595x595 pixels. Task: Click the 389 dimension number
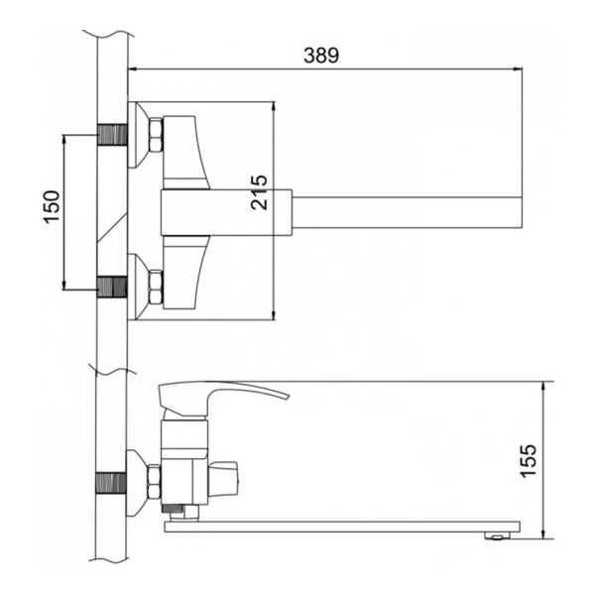click(x=321, y=56)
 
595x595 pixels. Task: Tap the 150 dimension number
click(x=52, y=207)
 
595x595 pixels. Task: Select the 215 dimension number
click(x=259, y=192)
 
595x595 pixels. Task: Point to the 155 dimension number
click(x=529, y=461)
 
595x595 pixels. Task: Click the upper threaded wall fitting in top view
click(x=112, y=134)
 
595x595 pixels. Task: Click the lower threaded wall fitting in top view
click(x=112, y=287)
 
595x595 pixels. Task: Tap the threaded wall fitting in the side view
click(x=111, y=483)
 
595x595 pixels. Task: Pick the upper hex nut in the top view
click(x=156, y=135)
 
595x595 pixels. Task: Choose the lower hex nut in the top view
click(x=156, y=287)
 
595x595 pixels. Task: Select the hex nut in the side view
click(x=154, y=482)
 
